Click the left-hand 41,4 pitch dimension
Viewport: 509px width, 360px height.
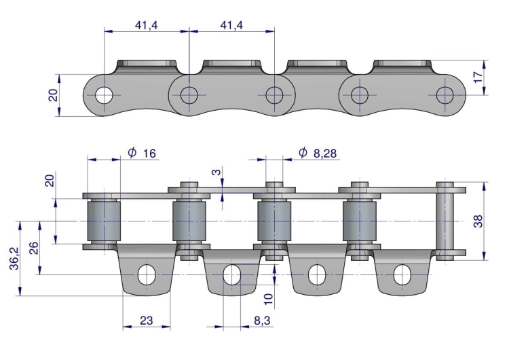click(x=147, y=25)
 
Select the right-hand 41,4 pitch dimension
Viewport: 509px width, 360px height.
click(x=231, y=25)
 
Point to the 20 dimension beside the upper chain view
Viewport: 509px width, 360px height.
click(x=53, y=94)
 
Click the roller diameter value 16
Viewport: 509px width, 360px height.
click(x=149, y=154)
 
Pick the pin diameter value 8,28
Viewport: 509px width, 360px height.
click(x=326, y=154)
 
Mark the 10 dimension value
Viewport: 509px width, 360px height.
click(x=270, y=297)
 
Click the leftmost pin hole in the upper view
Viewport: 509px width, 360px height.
click(x=104, y=95)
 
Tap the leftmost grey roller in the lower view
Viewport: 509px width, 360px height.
click(x=104, y=221)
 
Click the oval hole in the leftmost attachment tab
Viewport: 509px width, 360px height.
click(x=146, y=274)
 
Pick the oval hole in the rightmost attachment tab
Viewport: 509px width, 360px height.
click(x=401, y=274)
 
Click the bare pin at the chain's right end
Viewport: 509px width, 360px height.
click(x=445, y=221)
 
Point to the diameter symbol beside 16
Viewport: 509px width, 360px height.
click(x=132, y=153)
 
